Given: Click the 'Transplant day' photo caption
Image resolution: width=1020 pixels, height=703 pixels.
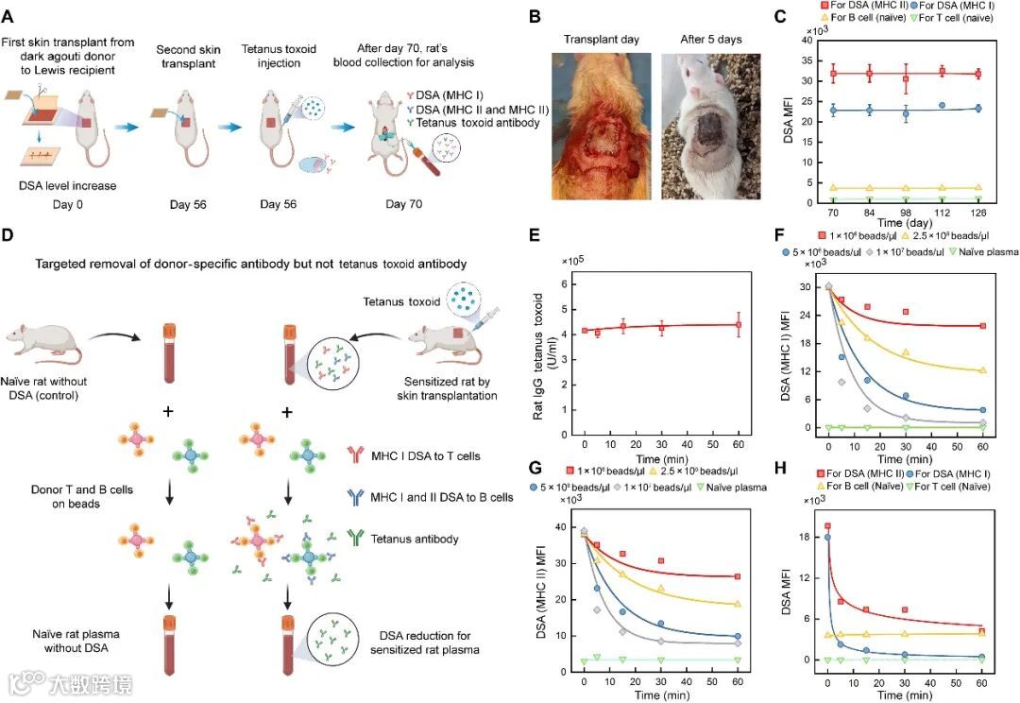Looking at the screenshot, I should click(x=601, y=40).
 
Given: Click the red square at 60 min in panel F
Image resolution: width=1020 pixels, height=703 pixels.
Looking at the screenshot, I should click(x=983, y=326).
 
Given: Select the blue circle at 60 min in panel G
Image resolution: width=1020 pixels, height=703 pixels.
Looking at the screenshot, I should click(x=737, y=637).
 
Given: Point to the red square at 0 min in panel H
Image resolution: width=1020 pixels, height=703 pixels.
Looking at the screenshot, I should click(x=828, y=526).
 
